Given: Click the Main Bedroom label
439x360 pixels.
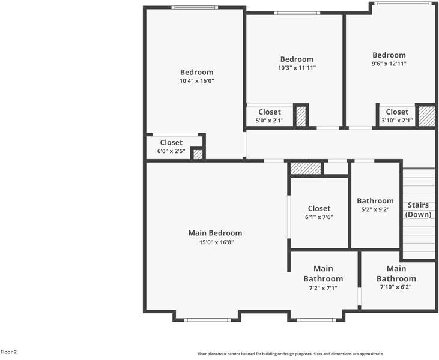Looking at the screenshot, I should pyautogui.click(x=215, y=233).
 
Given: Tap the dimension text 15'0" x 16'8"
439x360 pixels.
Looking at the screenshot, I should pyautogui.click(x=215, y=242).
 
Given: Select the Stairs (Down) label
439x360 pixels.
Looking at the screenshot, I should pyautogui.click(x=418, y=209).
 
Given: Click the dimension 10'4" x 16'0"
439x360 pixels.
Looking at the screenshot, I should pyautogui.click(x=196, y=80).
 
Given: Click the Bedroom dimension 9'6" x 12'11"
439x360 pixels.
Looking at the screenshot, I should pyautogui.click(x=389, y=64).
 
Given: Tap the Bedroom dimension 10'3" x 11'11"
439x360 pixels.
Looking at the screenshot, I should pyautogui.click(x=297, y=68).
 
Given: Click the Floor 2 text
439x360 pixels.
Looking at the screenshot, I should pyautogui.click(x=8, y=352).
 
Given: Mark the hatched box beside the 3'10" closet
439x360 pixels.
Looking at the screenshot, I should pyautogui.click(x=426, y=116).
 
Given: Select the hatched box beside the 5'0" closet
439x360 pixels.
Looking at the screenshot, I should pyautogui.click(x=301, y=116).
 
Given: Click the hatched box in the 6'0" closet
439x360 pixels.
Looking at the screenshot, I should pyautogui.click(x=198, y=154).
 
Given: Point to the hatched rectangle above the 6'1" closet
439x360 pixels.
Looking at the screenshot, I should pyautogui.click(x=306, y=168).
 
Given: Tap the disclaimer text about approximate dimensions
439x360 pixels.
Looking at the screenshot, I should pyautogui.click(x=290, y=354).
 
